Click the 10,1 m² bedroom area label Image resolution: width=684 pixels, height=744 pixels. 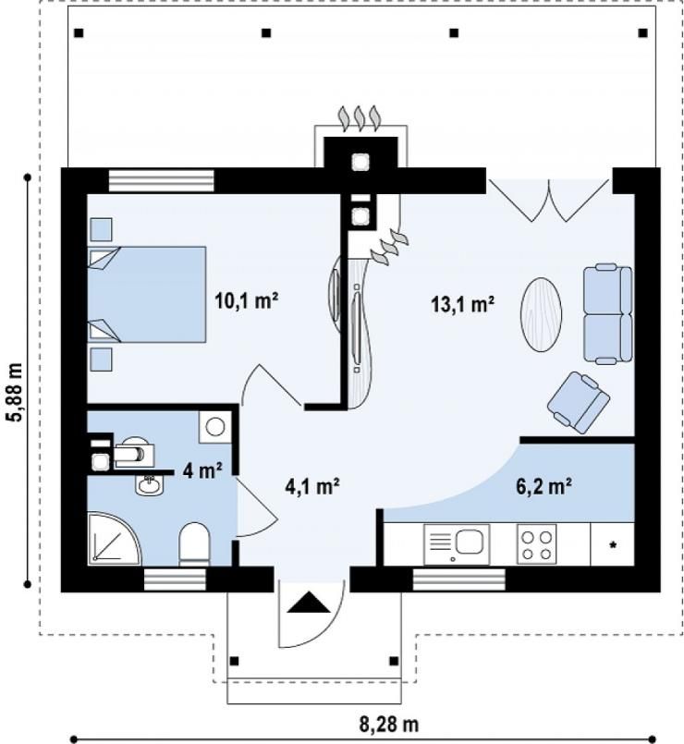point(246,300)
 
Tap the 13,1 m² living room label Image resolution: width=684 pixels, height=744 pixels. point(463,304)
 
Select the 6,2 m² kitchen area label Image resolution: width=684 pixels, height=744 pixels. point(543,486)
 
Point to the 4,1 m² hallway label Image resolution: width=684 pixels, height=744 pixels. point(311,486)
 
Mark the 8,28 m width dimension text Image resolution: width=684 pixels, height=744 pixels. point(389,725)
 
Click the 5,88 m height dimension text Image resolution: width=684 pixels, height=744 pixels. point(14,392)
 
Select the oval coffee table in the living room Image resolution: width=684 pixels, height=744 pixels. point(541,314)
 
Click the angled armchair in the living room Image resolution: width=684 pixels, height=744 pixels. point(578,402)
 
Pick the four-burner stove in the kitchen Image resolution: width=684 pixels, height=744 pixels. point(536,544)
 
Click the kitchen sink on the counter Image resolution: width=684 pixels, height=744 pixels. point(457,544)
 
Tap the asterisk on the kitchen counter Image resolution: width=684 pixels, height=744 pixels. point(613,545)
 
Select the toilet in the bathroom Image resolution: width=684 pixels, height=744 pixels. point(195,544)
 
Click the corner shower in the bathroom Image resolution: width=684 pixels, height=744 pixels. point(115,539)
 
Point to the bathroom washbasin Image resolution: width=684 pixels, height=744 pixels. point(149,485)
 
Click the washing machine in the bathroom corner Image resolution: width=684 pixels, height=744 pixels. point(215,427)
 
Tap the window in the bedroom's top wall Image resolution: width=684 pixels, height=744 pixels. point(162,181)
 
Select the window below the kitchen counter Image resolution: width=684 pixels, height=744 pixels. point(459,579)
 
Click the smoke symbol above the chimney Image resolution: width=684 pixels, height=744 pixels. point(360,117)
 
